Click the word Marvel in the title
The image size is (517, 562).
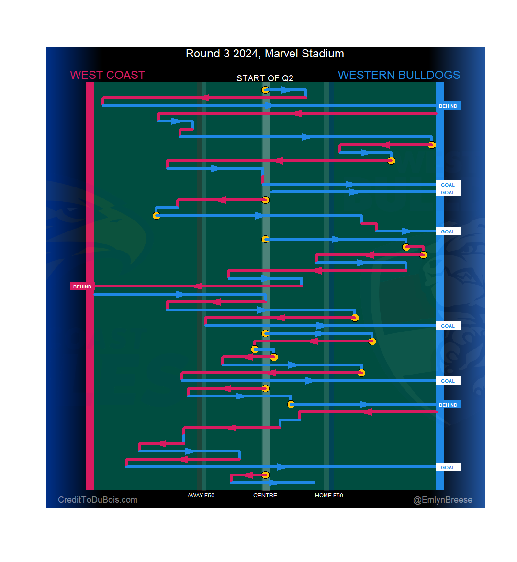click(x=279, y=54)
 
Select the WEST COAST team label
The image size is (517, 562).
click(x=107, y=75)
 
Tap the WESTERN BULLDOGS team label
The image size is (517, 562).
click(x=399, y=75)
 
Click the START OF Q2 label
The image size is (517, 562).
click(x=265, y=78)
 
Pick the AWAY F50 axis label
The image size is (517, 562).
click(x=201, y=496)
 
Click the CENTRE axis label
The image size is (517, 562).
click(x=265, y=496)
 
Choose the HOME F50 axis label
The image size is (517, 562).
click(x=329, y=496)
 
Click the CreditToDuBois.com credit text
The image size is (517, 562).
click(x=98, y=500)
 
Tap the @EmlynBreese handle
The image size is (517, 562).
click(x=443, y=500)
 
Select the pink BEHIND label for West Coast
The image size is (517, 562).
click(x=82, y=287)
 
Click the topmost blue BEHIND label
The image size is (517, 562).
click(x=448, y=106)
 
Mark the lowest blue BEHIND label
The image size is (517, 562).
click(x=448, y=405)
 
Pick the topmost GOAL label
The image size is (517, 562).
click(x=448, y=185)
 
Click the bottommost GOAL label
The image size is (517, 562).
click(x=448, y=467)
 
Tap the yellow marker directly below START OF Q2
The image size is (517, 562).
click(x=265, y=90)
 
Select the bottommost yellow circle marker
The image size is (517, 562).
click(x=265, y=475)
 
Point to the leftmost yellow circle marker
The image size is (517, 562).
click(x=157, y=216)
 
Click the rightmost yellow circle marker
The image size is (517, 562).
click(x=432, y=145)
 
